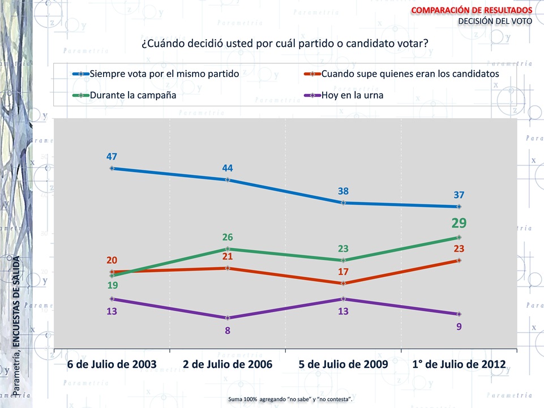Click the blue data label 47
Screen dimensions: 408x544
click(x=112, y=156)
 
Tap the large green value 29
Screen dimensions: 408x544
click(x=459, y=224)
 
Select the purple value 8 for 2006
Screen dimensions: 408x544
click(x=228, y=330)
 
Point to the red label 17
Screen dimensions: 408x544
click(x=343, y=272)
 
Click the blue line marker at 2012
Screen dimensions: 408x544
click(x=459, y=207)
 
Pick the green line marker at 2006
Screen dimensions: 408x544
click(x=228, y=249)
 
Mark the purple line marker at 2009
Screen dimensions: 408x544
click(x=343, y=299)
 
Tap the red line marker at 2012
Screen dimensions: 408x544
click(x=459, y=260)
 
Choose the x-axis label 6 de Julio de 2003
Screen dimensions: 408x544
click(x=112, y=364)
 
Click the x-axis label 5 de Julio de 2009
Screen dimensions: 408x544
click(x=343, y=364)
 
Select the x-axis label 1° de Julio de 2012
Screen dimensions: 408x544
click(x=459, y=364)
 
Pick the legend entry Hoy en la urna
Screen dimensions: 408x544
click(x=352, y=95)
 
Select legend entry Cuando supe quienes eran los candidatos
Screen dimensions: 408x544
click(x=410, y=74)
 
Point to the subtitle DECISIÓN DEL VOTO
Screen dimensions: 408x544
click(x=495, y=22)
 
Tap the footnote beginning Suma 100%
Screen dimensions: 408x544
click(x=290, y=400)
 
